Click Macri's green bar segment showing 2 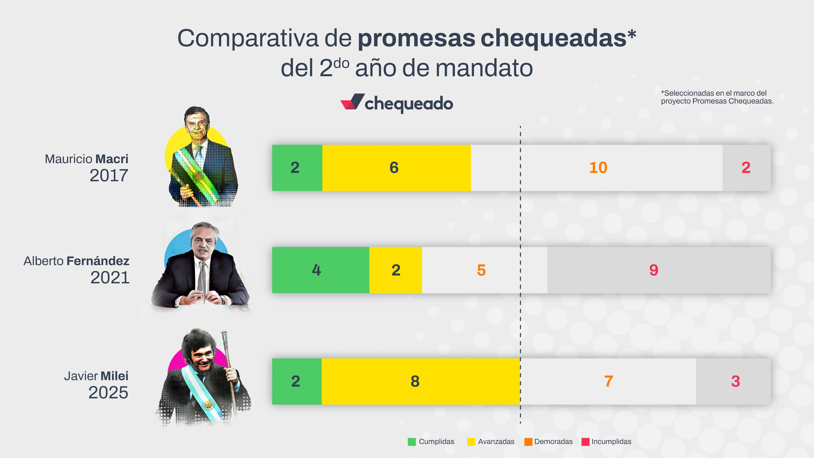tap(297, 168)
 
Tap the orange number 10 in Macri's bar tap(598, 168)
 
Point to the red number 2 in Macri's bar tap(746, 168)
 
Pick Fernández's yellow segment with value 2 tap(396, 270)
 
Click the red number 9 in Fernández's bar tap(653, 270)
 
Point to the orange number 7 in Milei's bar tap(609, 381)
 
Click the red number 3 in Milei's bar tap(735, 381)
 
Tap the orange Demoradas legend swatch tap(528, 442)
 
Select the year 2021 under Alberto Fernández tap(110, 277)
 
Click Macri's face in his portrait tap(197, 125)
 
